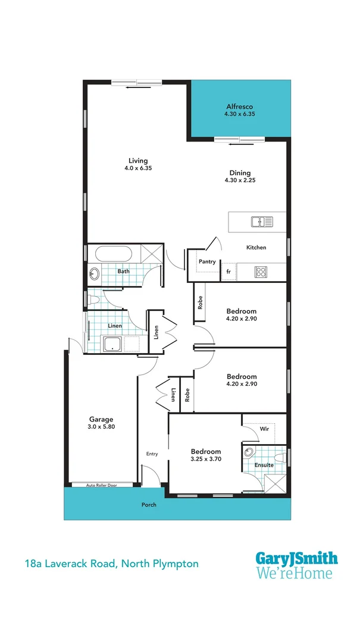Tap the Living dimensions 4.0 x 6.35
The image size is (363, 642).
(138, 169)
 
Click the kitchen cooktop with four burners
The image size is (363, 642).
(261, 272)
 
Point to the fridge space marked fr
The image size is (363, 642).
(227, 272)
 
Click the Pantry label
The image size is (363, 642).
(207, 262)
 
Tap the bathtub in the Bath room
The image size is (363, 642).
(116, 254)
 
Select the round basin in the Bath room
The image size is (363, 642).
(94, 274)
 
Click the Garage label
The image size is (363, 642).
(101, 418)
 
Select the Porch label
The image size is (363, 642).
(149, 505)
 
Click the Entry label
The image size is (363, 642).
(152, 454)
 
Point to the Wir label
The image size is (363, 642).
(265, 428)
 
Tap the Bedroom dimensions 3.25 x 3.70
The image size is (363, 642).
(206, 459)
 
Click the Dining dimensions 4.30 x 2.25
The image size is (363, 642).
(240, 180)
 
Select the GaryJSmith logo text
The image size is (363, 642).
(296, 559)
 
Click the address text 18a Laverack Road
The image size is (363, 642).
(71, 563)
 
